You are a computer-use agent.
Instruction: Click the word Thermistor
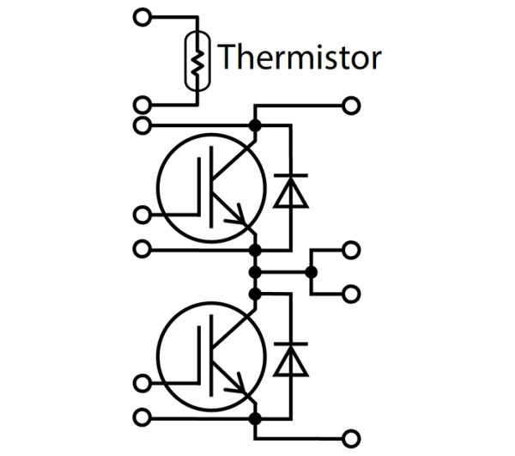click(299, 58)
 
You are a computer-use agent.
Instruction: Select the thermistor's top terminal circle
click(143, 15)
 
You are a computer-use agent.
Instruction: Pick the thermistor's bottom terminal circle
click(143, 106)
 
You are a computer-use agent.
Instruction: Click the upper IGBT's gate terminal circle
click(143, 213)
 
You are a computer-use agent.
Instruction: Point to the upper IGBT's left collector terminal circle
click(143, 126)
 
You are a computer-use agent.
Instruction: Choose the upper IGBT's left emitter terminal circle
click(143, 249)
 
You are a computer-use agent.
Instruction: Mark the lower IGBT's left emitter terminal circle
click(143, 417)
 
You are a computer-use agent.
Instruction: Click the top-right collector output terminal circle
click(351, 106)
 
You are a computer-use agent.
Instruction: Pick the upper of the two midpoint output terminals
click(351, 249)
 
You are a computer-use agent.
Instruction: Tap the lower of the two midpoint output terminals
click(351, 294)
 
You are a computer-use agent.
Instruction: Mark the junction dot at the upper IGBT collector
click(254, 126)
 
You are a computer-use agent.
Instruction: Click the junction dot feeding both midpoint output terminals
click(312, 272)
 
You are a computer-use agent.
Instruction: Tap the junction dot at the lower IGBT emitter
click(254, 417)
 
